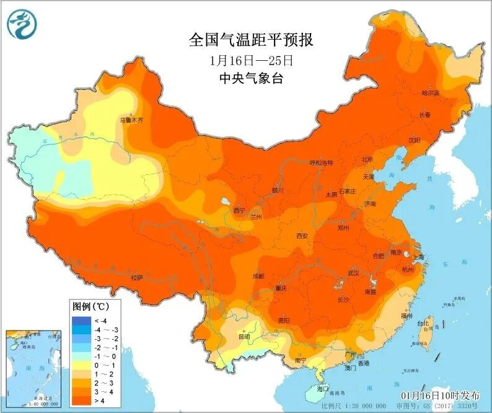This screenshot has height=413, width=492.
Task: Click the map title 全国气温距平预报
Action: (x=250, y=41)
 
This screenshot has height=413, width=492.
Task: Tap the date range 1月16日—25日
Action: (x=250, y=61)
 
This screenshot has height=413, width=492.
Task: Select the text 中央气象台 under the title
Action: (x=250, y=78)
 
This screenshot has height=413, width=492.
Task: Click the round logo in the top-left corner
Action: (x=22, y=24)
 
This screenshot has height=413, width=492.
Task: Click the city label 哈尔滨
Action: (x=430, y=93)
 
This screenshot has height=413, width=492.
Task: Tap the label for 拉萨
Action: (x=136, y=278)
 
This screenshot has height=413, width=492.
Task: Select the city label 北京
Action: (x=367, y=159)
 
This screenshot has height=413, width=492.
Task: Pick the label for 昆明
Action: (x=244, y=337)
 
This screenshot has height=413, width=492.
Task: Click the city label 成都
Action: (x=258, y=276)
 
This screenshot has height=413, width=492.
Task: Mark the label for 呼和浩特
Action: (x=322, y=162)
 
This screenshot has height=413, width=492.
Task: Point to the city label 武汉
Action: (x=354, y=272)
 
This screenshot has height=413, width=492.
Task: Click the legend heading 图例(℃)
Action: (x=90, y=306)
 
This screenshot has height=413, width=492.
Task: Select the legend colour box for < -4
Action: (x=81, y=319)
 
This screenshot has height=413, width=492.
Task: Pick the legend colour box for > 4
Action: (x=81, y=402)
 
